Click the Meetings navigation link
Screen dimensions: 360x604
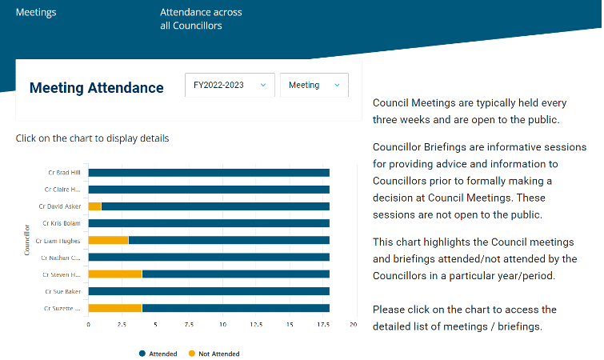click(36, 13)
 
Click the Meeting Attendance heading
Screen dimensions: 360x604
click(96, 88)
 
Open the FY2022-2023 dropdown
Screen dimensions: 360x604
click(230, 85)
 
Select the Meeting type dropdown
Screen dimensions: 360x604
click(314, 85)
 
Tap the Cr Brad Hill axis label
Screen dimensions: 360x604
click(64, 172)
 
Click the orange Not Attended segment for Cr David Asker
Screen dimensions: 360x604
click(94, 206)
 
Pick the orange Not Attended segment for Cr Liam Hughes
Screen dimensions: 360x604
click(108, 240)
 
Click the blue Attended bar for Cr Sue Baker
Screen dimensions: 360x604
click(209, 291)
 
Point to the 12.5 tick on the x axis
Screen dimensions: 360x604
click(256, 325)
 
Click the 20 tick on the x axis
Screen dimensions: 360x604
click(353, 325)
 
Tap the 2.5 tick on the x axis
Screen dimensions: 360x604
click(122, 325)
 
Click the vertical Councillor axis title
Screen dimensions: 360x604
click(26, 240)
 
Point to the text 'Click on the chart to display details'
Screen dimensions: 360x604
click(92, 138)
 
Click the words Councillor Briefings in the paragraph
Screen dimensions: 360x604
click(420, 147)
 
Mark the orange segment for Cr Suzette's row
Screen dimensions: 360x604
click(114, 308)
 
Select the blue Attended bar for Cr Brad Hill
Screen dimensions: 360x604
click(209, 172)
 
